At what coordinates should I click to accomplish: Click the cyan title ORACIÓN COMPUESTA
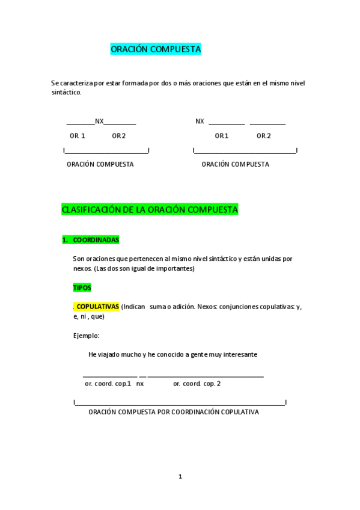tap(156, 50)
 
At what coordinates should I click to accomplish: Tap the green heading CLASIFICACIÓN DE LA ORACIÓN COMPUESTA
tap(150, 210)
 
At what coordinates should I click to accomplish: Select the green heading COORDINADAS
tap(96, 240)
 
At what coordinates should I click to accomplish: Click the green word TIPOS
tap(82, 288)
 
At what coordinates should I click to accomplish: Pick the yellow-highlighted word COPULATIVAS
tap(98, 306)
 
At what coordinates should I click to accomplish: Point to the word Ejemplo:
tap(86, 336)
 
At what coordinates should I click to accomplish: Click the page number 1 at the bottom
tap(180, 477)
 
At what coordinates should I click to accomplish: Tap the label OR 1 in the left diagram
tap(78, 136)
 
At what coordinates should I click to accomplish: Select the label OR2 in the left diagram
tap(118, 136)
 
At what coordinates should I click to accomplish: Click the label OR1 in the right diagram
tap(222, 136)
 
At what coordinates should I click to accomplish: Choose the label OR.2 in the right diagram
tap(264, 136)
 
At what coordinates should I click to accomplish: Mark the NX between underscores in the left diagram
tap(99, 121)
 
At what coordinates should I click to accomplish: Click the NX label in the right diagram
tap(200, 121)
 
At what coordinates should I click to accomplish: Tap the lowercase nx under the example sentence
tap(140, 383)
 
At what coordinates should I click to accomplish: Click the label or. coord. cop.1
tap(108, 383)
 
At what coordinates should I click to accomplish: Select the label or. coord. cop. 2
tap(197, 383)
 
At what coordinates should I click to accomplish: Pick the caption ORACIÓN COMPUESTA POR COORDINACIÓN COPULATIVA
tap(174, 413)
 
